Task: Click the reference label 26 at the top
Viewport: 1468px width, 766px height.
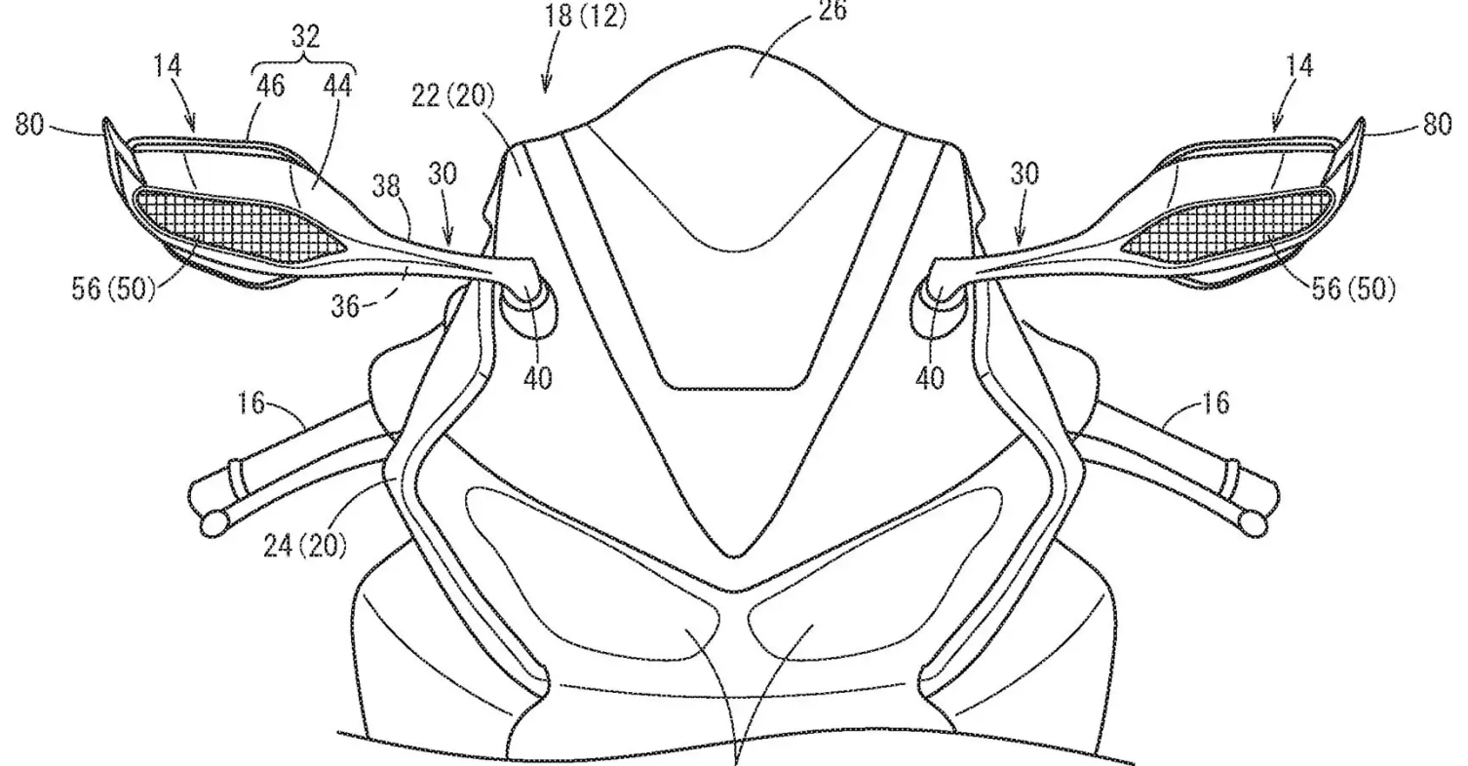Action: click(x=832, y=10)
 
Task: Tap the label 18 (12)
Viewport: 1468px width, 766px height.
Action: click(x=584, y=16)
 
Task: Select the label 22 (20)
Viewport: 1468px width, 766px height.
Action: click(x=453, y=96)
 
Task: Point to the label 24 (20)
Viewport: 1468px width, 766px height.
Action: click(x=304, y=545)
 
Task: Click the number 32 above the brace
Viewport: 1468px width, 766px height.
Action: click(x=305, y=37)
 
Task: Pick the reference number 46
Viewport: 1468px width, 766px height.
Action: click(x=270, y=86)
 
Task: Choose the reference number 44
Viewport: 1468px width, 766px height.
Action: click(x=337, y=86)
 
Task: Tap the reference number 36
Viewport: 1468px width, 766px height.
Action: click(x=345, y=305)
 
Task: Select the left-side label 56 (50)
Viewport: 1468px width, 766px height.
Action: click(x=113, y=288)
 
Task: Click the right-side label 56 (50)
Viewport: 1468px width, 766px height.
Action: click(x=1353, y=288)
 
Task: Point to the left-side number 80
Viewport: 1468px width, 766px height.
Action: click(x=29, y=125)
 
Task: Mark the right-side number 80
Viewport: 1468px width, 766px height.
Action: click(x=1438, y=123)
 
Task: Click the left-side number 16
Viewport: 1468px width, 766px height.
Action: click(x=251, y=402)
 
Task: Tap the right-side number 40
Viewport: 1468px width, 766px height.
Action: click(x=930, y=378)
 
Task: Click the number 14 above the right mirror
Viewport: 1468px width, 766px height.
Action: click(x=1300, y=66)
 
